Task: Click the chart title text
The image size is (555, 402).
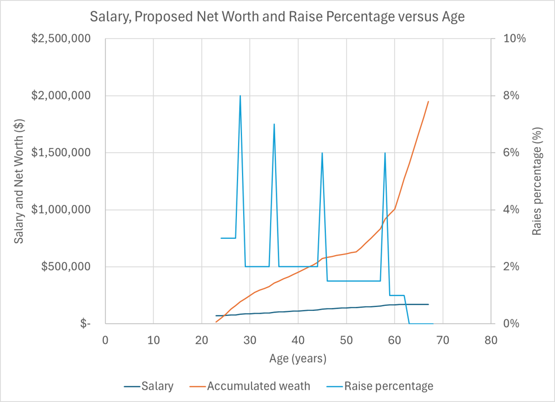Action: tap(277, 16)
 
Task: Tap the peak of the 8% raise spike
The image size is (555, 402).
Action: tap(240, 96)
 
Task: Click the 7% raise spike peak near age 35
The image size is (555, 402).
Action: tap(274, 124)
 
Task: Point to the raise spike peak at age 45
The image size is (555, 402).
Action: tap(322, 153)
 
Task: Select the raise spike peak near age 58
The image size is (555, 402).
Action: tap(385, 153)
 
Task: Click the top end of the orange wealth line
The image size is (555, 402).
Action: tap(429, 101)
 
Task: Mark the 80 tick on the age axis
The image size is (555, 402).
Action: tap(491, 340)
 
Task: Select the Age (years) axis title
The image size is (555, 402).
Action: tap(298, 358)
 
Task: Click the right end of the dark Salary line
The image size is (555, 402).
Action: tap(429, 304)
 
